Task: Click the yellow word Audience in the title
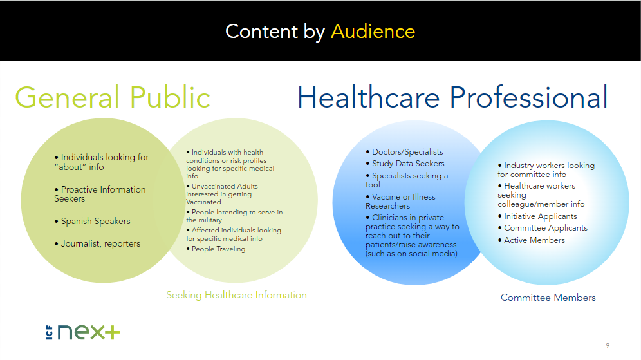click(x=373, y=31)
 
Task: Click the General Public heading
click(x=113, y=97)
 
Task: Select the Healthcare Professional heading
click(x=452, y=97)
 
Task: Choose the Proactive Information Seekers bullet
click(x=100, y=194)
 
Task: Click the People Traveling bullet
click(x=218, y=249)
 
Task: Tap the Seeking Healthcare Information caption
click(x=236, y=295)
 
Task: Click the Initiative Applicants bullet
click(x=540, y=216)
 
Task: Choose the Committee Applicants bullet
click(x=545, y=228)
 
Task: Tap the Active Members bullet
click(x=534, y=240)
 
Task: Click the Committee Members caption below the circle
click(x=548, y=298)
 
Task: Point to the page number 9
click(x=608, y=344)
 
